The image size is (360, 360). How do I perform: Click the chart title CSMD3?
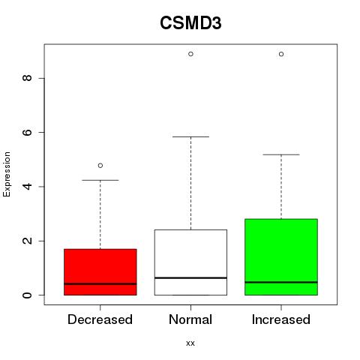point(190,23)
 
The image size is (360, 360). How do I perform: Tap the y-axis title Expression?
point(7,174)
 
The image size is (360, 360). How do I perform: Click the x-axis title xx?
point(190,343)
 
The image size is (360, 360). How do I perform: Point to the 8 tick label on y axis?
point(27,78)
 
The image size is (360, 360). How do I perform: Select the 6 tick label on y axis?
point(27,132)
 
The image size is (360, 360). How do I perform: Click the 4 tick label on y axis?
point(27,187)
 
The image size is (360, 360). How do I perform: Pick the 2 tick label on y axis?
point(27,241)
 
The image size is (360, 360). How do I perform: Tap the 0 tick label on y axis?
point(27,295)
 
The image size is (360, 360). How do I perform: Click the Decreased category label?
point(100,319)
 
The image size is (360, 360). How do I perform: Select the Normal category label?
point(190,319)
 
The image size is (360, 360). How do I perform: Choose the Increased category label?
point(281,319)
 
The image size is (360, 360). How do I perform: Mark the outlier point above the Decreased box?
point(100,166)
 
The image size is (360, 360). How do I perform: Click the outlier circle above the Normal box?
point(190,54)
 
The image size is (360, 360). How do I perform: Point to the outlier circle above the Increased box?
point(281,54)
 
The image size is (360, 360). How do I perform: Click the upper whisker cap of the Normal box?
point(190,136)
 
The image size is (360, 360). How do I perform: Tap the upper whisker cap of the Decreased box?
point(100,180)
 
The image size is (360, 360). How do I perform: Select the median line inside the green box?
point(281,282)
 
